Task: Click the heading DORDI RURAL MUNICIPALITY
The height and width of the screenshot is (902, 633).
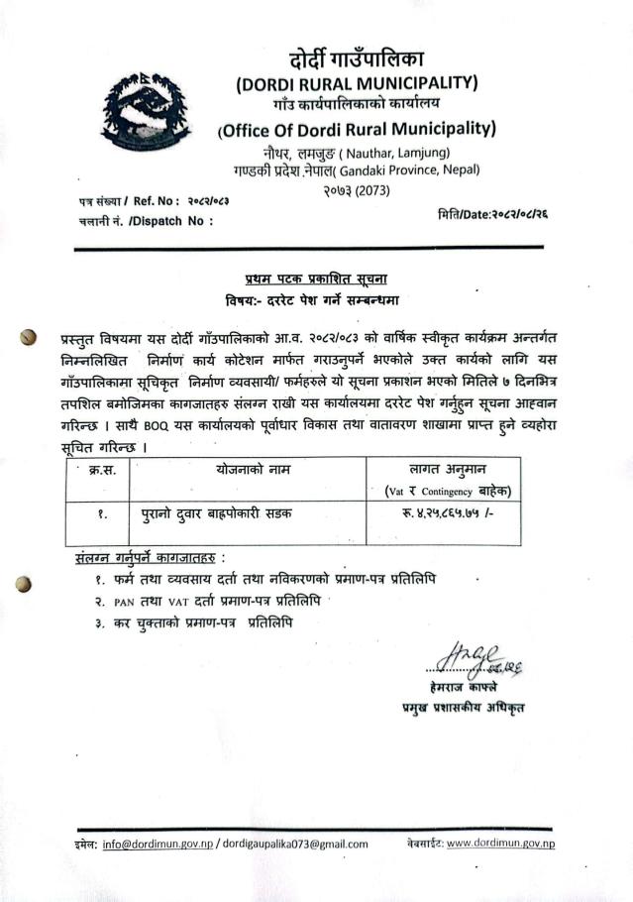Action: [358, 81]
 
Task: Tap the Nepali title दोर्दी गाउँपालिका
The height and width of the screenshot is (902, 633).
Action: [357, 57]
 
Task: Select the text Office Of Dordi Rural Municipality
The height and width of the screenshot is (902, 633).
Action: [357, 129]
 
